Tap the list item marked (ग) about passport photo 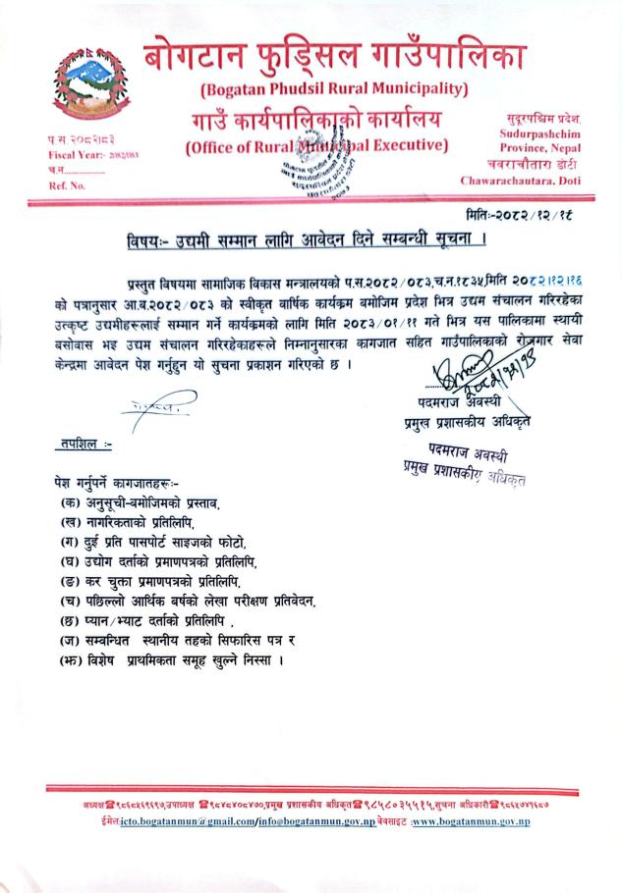[x=153, y=543]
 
